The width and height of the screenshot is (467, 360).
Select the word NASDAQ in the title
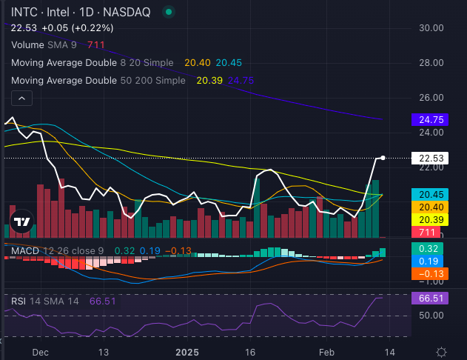[130, 12]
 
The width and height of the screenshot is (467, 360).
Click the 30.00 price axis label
[430, 28]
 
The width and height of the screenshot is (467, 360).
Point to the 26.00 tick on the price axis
[430, 98]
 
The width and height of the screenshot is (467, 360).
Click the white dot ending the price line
[383, 157]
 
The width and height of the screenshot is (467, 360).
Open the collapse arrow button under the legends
[22, 99]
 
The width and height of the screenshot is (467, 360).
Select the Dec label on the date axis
[41, 352]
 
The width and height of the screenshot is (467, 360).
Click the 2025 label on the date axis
[187, 352]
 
